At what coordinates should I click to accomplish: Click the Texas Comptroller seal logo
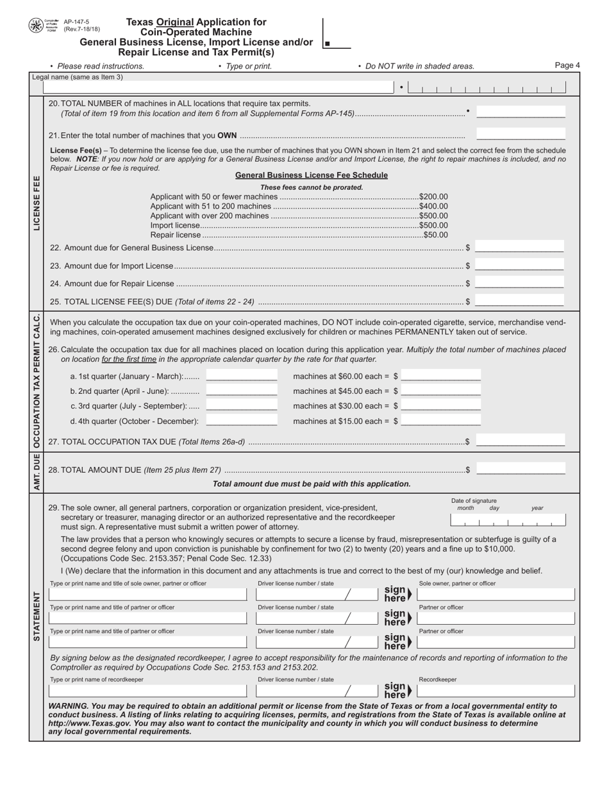[36, 26]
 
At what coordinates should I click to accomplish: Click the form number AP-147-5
[77, 22]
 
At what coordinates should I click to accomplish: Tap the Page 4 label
[567, 65]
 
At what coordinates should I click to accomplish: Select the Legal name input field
[218, 88]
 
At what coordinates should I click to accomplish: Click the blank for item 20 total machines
[521, 113]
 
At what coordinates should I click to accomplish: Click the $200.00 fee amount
[433, 196]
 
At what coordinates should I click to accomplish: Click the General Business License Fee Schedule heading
[311, 175]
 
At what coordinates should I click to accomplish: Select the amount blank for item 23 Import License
[519, 266]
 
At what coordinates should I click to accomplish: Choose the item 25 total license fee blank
[519, 301]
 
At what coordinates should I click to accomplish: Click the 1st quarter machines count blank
[242, 376]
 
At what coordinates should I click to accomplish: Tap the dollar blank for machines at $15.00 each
[441, 421]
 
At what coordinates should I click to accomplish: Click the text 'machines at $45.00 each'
[340, 391]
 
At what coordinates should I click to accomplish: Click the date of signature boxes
[508, 520]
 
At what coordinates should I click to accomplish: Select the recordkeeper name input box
[147, 691]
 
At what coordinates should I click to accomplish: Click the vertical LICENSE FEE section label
[37, 203]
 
